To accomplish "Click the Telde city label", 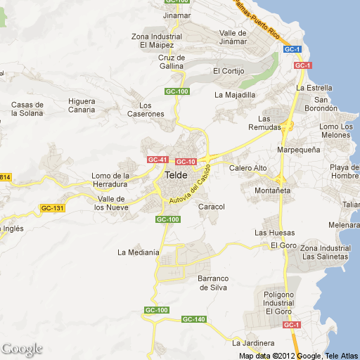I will click(176, 176).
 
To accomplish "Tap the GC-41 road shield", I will click(158, 160).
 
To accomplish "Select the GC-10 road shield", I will click(186, 162).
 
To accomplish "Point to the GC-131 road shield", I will click(52, 208).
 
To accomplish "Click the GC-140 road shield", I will click(193, 319).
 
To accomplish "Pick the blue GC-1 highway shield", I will click(292, 49).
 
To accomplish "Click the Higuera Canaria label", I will click(82, 105).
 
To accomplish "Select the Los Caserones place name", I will click(146, 109).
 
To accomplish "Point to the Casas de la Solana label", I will click(27, 109).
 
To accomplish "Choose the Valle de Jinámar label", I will click(233, 37).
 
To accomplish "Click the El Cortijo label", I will click(228, 71).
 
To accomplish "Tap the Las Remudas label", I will click(274, 122).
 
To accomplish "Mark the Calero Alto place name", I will click(248, 168).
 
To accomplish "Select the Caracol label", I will click(211, 207).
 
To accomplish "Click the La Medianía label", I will click(139, 252).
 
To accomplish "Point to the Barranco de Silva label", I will click(213, 283).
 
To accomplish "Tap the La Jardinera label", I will click(253, 343).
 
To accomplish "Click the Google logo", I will click(22, 349).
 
